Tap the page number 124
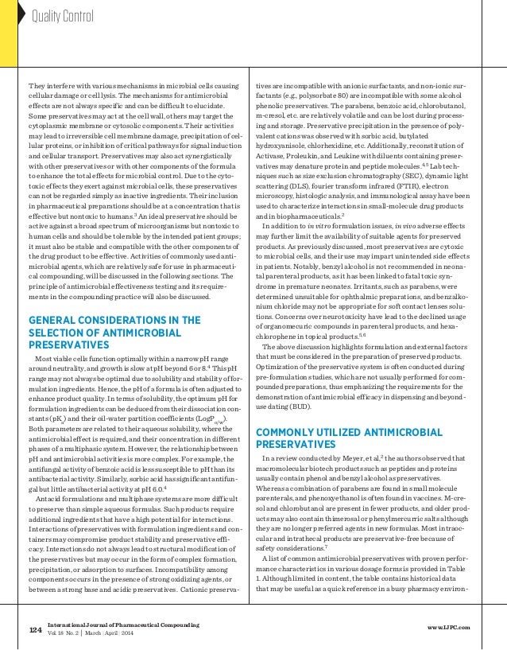34,631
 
